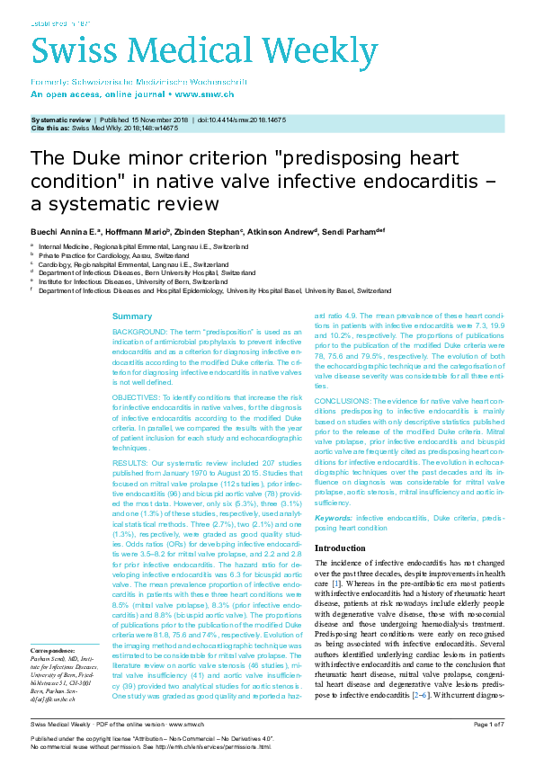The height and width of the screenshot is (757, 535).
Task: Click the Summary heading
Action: [x=132, y=316]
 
